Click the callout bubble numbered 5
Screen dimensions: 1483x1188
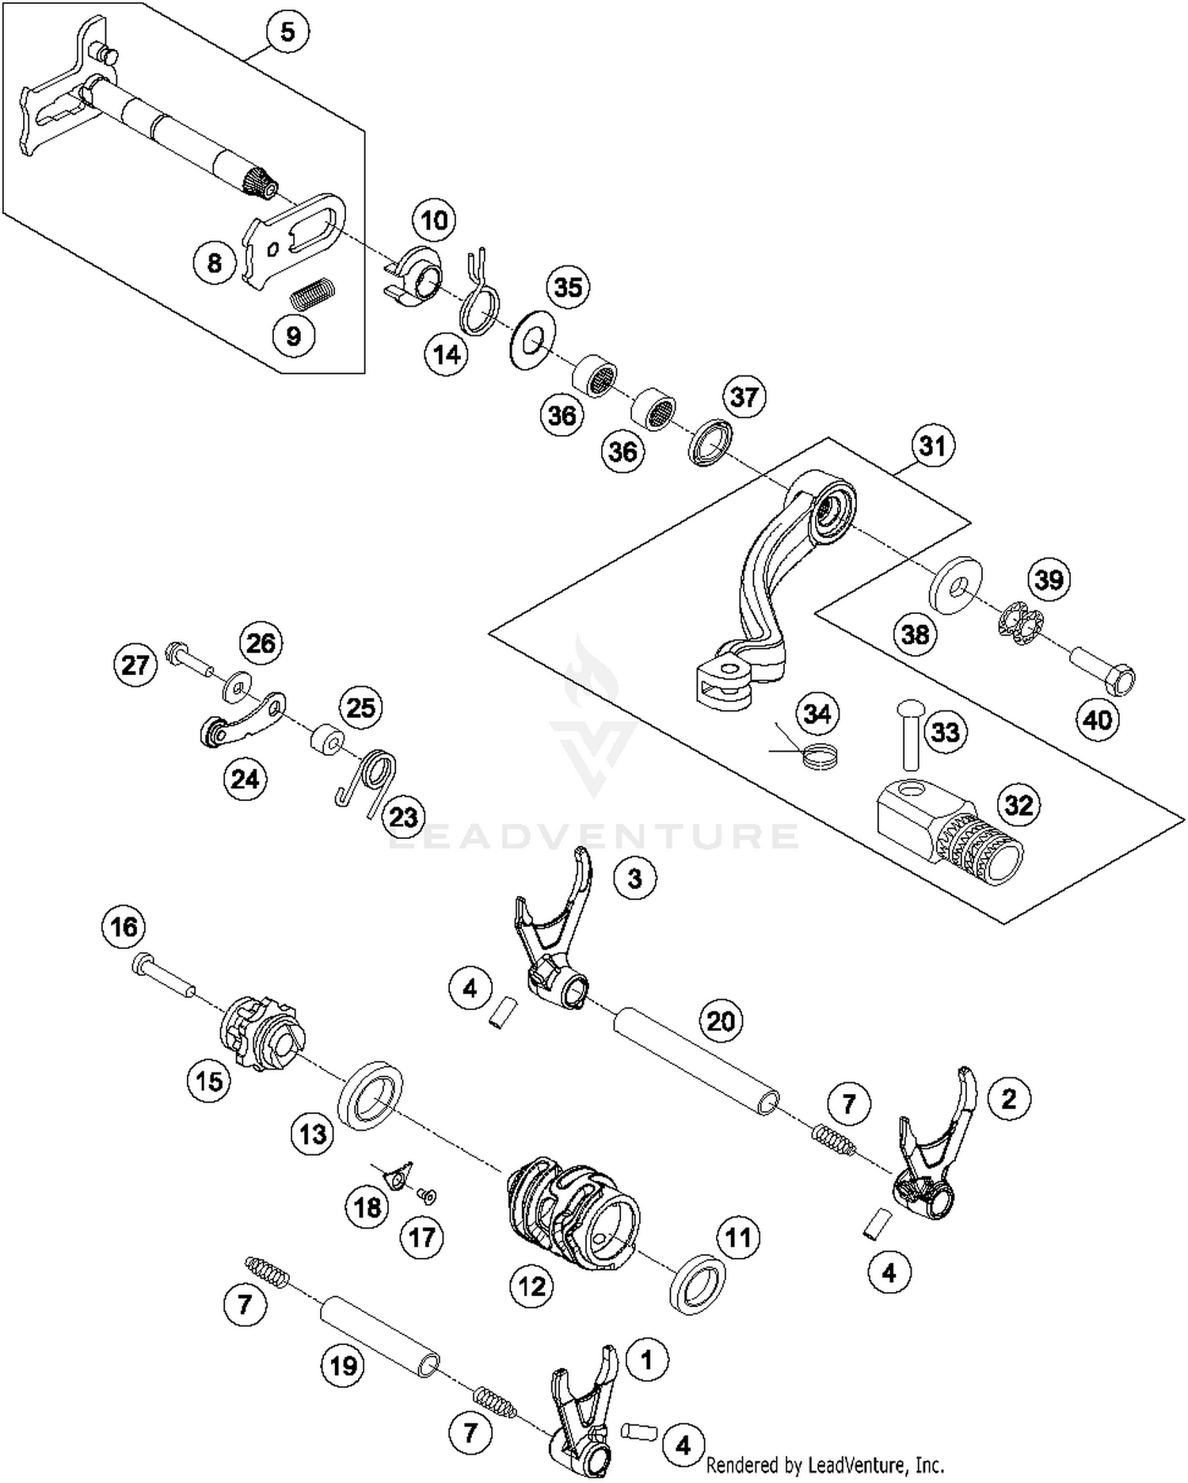(x=287, y=32)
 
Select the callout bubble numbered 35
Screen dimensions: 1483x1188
(x=568, y=287)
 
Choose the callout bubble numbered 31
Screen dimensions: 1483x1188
(x=932, y=446)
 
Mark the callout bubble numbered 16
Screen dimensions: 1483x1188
(x=124, y=927)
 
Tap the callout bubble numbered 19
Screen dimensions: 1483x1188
(x=343, y=1366)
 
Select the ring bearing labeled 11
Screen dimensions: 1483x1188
(x=697, y=1283)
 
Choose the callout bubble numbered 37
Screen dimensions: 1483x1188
(x=744, y=396)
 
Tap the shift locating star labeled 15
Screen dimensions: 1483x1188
(x=261, y=1034)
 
